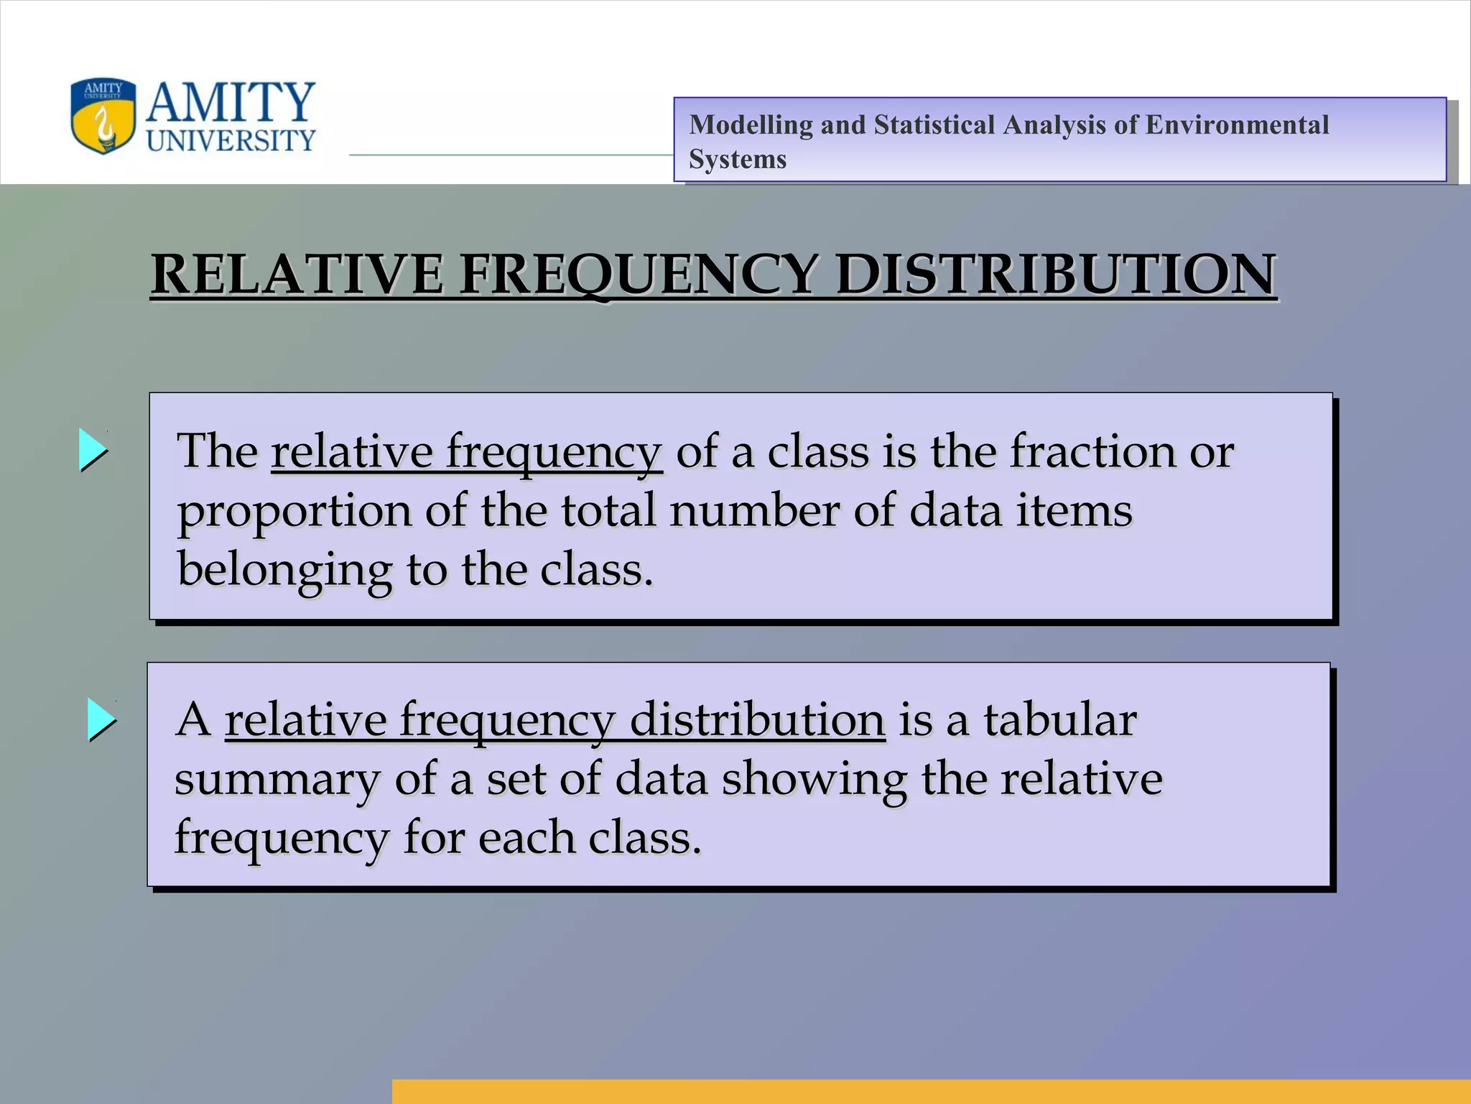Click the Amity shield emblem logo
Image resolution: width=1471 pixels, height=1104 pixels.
tap(103, 116)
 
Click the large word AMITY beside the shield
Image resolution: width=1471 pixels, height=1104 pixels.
tap(230, 102)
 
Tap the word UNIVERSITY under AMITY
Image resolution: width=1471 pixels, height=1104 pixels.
tap(231, 140)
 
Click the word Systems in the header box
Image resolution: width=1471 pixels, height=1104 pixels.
tap(738, 159)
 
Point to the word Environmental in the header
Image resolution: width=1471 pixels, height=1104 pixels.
tap(1237, 125)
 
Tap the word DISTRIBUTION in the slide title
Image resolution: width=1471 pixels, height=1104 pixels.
tap(1056, 275)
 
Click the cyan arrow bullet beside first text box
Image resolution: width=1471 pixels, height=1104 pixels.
tap(93, 450)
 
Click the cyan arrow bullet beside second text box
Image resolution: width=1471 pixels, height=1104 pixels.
tap(101, 719)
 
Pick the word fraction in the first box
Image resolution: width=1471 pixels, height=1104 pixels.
tap(1092, 451)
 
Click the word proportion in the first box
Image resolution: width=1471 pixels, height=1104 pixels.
tap(294, 512)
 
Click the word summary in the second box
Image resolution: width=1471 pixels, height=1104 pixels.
tap(277, 780)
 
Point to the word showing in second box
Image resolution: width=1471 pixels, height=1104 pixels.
tap(814, 780)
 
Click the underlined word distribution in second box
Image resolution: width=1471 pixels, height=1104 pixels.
tap(757, 719)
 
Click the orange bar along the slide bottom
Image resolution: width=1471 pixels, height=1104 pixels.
tap(931, 1091)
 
